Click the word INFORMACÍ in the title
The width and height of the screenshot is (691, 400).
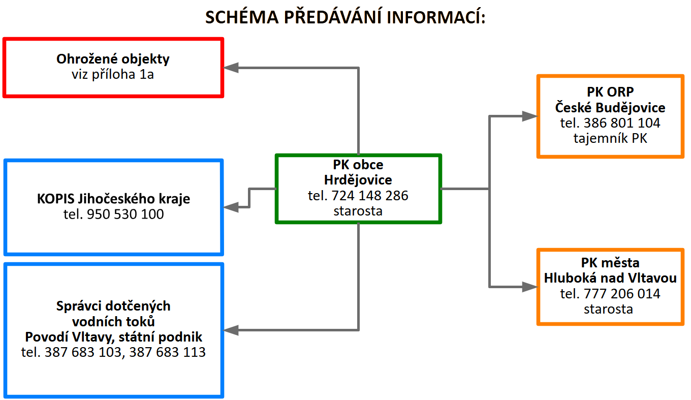436,17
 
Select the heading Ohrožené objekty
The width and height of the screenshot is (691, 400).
113,59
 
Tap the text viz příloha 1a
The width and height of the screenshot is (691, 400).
113,74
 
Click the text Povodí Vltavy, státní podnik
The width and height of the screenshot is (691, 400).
114,336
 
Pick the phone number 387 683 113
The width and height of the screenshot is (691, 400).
168,352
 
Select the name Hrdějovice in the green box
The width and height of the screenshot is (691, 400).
358,180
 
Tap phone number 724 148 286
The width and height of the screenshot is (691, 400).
370,195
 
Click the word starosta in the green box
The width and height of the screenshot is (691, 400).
358,210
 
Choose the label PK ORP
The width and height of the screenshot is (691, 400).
610,93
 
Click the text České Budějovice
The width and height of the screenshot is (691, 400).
610,108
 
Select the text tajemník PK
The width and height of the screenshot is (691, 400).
610,138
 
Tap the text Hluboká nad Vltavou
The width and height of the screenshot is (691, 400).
610,279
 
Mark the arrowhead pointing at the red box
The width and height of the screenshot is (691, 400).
232,67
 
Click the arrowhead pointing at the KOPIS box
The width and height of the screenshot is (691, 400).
232,207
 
